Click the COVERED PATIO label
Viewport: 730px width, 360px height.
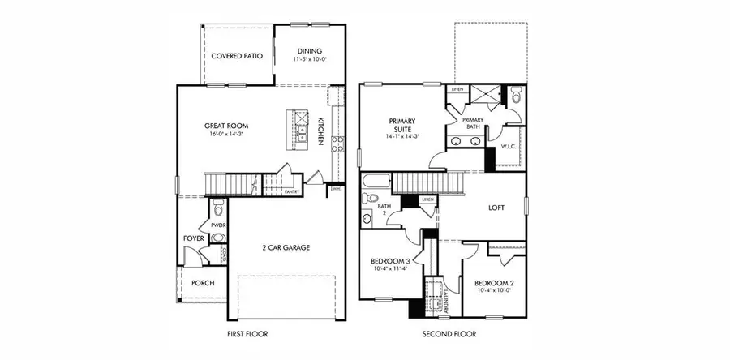point(235,57)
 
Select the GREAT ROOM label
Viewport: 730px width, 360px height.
point(225,126)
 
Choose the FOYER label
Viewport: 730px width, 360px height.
point(193,238)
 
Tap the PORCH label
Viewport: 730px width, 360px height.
point(203,283)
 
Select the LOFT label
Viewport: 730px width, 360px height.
point(496,208)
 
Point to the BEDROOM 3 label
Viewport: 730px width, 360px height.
point(392,261)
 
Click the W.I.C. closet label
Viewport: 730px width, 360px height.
point(509,147)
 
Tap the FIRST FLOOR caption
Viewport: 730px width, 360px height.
point(248,333)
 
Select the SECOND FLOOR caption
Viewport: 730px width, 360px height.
point(449,333)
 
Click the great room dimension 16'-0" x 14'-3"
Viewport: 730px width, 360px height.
point(225,135)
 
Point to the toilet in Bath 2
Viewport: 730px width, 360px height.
point(372,198)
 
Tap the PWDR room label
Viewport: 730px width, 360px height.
point(217,225)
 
